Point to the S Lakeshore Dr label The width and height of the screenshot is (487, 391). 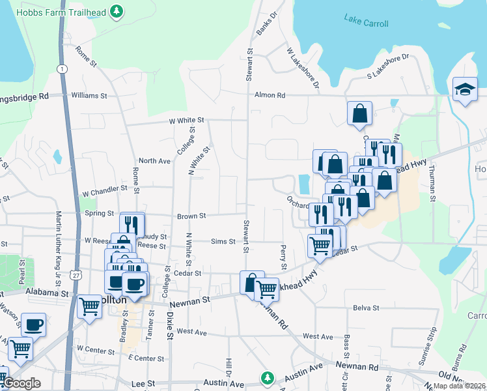(387, 66)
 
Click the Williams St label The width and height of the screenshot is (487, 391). (89, 95)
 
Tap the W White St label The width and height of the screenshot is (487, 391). (186, 121)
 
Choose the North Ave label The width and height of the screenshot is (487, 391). (154, 160)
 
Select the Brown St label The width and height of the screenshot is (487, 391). (191, 216)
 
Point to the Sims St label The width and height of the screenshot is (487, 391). (223, 242)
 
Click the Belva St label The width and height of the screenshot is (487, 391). (366, 308)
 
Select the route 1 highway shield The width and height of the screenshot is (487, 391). (61, 68)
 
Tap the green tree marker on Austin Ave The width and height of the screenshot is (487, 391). (266, 378)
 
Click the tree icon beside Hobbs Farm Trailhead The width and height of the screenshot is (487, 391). (117, 10)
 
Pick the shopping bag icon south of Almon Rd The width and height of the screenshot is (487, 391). (359, 113)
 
